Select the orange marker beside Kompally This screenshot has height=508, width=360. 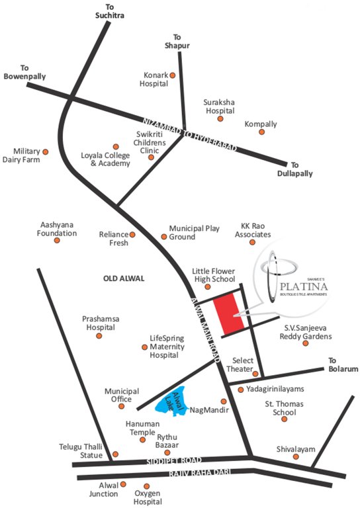point(261,132)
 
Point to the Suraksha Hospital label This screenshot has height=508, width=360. point(220,106)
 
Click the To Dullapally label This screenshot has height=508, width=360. point(294,169)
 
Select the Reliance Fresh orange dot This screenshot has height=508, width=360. point(132,234)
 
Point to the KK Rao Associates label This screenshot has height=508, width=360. point(252,230)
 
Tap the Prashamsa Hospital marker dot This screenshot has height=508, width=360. point(99,335)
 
